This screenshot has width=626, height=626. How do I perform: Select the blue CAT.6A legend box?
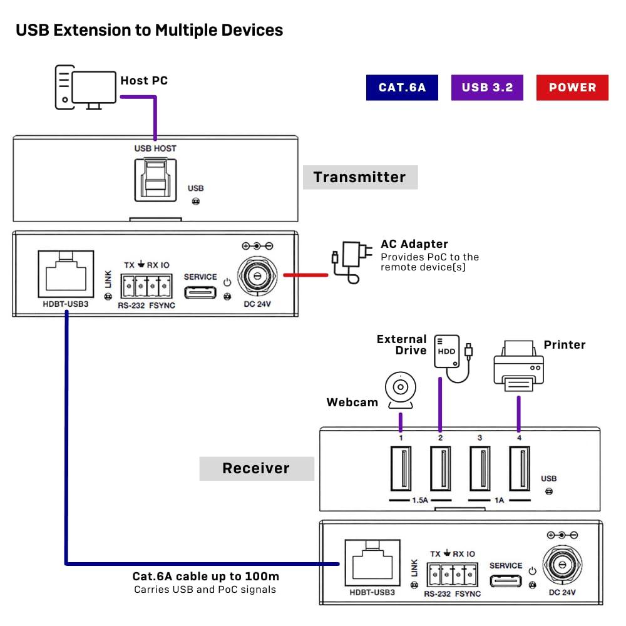[x=402, y=88]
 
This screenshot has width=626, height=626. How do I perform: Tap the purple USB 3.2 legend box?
[x=487, y=88]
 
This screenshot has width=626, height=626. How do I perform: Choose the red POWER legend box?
[x=572, y=88]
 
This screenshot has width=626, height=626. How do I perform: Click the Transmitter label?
[x=360, y=177]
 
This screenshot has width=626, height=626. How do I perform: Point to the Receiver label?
[x=256, y=468]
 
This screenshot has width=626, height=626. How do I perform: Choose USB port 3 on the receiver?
[x=480, y=468]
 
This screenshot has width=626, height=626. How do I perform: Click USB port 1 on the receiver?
[x=401, y=468]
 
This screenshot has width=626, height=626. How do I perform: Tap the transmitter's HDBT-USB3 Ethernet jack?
[x=66, y=274]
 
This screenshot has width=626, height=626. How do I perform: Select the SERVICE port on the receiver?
[x=505, y=580]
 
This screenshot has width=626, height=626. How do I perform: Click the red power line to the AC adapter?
[x=305, y=274]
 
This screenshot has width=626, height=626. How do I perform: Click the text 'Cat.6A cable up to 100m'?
[x=205, y=577]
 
